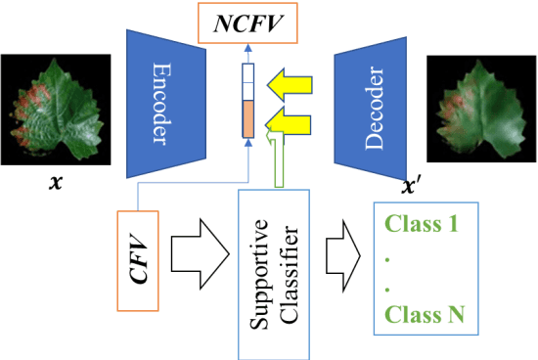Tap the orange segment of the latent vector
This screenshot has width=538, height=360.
[x=247, y=118]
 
